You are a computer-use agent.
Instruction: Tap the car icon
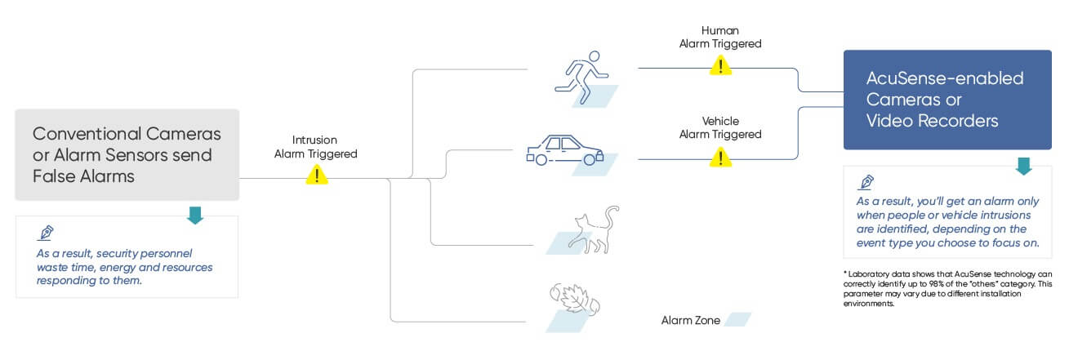click(565, 150)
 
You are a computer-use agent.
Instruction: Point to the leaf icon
click(575, 300)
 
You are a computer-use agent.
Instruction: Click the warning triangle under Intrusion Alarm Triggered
click(316, 175)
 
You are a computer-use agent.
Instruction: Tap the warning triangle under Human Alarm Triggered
click(720, 65)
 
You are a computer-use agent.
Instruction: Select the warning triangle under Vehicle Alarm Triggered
click(720, 157)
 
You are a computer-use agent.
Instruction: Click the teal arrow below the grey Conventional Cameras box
click(195, 216)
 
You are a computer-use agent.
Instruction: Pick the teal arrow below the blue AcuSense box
click(1023, 167)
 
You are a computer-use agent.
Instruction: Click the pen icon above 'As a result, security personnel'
click(46, 233)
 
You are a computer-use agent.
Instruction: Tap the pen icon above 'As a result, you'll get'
click(866, 182)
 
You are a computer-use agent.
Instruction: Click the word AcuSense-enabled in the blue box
click(945, 78)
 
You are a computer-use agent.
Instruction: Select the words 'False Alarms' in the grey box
click(83, 176)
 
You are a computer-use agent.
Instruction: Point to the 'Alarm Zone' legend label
click(691, 321)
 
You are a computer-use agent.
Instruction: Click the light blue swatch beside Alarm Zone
click(737, 319)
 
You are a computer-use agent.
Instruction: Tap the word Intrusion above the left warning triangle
click(314, 140)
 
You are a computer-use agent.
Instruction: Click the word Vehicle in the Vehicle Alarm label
click(720, 121)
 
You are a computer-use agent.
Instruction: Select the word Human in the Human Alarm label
click(720, 30)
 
